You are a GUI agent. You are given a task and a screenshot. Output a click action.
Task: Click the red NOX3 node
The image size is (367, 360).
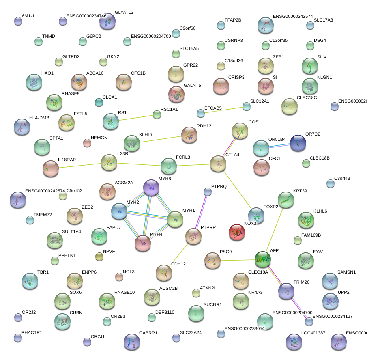(x=236, y=233)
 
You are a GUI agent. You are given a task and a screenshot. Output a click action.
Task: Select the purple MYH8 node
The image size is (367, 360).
(x=151, y=188)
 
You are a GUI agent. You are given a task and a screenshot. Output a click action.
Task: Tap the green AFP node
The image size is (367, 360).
(x=263, y=259)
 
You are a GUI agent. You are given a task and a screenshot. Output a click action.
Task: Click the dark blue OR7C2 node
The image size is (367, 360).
(x=298, y=143)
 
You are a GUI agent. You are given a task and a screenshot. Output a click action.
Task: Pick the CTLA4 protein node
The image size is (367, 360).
(x=218, y=164)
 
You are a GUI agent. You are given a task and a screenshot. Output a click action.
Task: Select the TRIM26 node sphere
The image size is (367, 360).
(x=286, y=291)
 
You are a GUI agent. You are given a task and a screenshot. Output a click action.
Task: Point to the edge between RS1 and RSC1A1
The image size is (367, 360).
(x=134, y=118)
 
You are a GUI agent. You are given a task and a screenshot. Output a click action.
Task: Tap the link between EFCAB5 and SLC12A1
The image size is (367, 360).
(x=223, y=110)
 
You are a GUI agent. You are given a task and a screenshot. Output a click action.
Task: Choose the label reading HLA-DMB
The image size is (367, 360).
(x=39, y=118)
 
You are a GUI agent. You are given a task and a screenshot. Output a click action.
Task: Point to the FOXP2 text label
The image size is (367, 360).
(x=270, y=207)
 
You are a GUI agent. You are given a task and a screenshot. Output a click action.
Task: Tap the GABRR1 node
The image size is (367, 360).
(x=132, y=342)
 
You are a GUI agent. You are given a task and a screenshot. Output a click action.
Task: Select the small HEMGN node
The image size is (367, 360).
(x=87, y=142)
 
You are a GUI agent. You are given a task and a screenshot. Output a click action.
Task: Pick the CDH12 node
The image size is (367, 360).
(x=163, y=273)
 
